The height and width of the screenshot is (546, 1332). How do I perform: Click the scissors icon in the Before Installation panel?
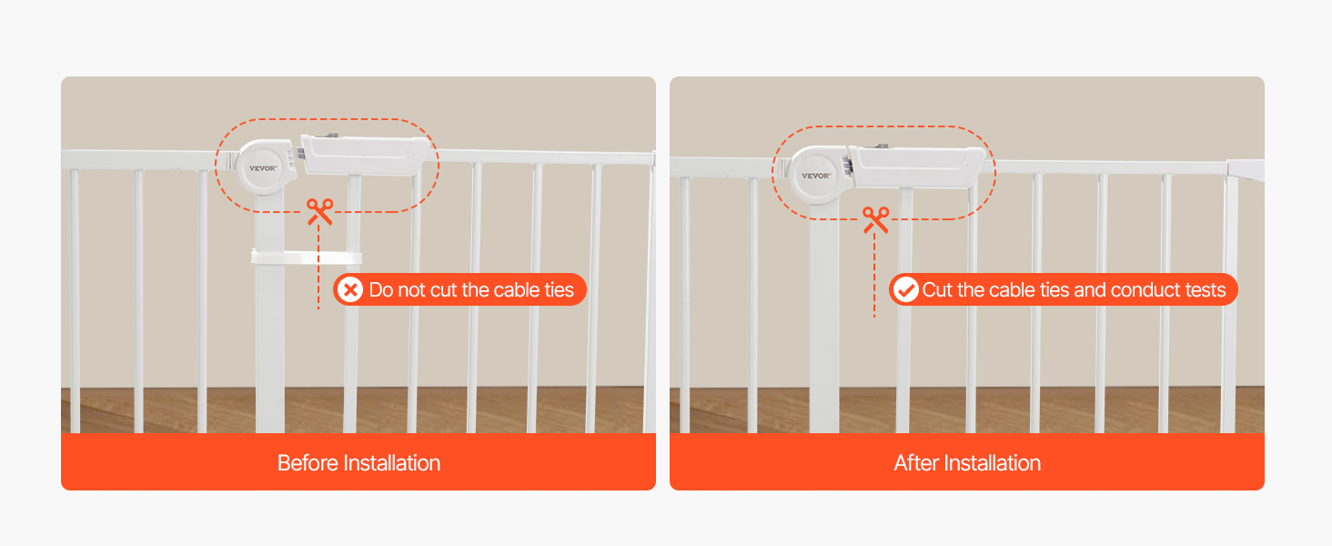(x=320, y=212)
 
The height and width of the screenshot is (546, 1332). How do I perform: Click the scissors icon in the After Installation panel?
(x=876, y=220)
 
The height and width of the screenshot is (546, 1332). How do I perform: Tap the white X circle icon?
(x=350, y=289)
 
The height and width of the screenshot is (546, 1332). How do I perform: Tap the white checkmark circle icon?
(x=905, y=289)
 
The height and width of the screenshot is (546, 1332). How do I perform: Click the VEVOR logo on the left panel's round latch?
(x=263, y=168)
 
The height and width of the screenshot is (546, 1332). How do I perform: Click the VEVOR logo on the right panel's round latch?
(x=816, y=176)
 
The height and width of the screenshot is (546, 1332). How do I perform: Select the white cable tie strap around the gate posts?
(x=307, y=258)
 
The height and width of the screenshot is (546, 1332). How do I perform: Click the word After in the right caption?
(x=915, y=463)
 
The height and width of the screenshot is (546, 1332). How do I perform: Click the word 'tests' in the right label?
(x=1206, y=290)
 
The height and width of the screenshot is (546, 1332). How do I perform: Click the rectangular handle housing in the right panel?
(x=916, y=166)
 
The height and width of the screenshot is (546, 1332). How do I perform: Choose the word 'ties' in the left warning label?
(x=559, y=290)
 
